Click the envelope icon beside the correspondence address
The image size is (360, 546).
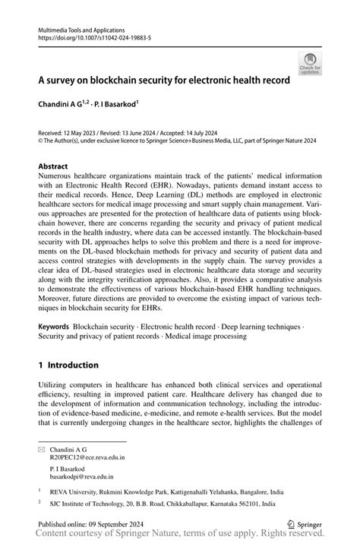43,450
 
